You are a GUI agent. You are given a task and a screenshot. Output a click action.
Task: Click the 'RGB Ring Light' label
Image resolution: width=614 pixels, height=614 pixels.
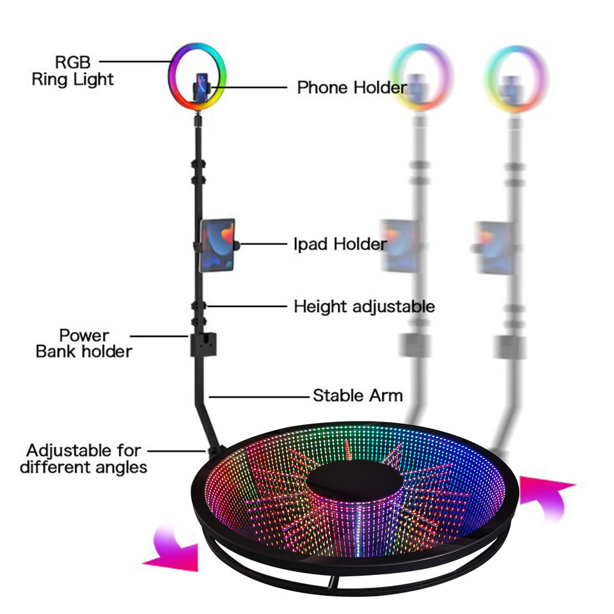click(72, 71)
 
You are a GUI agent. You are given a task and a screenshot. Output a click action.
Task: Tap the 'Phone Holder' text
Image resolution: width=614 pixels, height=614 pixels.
click(352, 87)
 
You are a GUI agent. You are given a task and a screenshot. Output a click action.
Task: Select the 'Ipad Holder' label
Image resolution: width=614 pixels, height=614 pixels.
click(340, 244)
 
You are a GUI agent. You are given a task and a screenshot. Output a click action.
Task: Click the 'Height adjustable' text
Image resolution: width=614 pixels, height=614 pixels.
click(364, 306)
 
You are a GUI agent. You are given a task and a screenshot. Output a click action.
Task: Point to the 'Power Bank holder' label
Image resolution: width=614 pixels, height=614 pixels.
click(84, 343)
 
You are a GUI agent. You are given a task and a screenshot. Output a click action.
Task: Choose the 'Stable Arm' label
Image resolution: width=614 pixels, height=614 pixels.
click(358, 395)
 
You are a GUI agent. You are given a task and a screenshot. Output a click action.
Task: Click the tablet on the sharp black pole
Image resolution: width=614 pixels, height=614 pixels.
click(217, 245)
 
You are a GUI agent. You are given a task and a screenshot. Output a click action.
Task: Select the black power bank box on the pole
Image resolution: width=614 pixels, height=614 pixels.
click(203, 345)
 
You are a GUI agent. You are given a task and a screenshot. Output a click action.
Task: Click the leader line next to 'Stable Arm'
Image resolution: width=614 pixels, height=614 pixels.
click(258, 397)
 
